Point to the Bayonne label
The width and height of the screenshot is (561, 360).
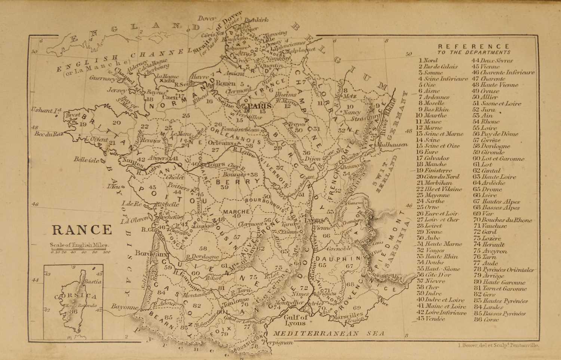pyautogui.click(x=125, y=307)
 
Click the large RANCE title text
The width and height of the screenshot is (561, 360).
pyautogui.click(x=82, y=230)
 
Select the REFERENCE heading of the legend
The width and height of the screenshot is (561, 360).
pyautogui.click(x=473, y=47)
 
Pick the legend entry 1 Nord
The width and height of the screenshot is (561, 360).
pyautogui.click(x=428, y=60)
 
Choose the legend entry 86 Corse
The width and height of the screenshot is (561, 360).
pyautogui.click(x=485, y=320)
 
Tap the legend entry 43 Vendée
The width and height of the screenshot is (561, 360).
pyautogui.click(x=431, y=319)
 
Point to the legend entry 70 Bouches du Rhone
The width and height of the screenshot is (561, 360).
pyautogui.click(x=502, y=220)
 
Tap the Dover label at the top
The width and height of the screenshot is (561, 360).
pyautogui.click(x=207, y=18)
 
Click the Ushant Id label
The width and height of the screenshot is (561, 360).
pyautogui.click(x=46, y=111)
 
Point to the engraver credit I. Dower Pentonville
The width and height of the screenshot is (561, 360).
pyautogui.click(x=498, y=346)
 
